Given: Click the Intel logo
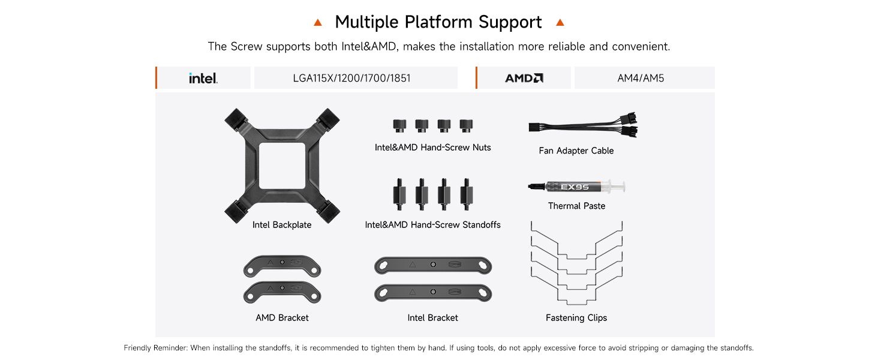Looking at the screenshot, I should coord(203,78).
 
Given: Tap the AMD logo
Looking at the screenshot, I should coord(524,78).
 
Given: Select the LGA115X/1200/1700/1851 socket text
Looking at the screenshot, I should coord(351,78).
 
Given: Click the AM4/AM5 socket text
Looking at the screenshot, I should coord(641,78).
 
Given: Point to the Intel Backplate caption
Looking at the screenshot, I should coord(282,225).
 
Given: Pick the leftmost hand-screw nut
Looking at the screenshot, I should coord(399,125).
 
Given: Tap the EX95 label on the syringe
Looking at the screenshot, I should coord(575,187).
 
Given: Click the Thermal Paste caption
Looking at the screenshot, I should coord(576,206).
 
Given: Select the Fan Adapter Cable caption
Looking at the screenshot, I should coord(576,151).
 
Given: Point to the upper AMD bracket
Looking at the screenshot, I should coord(282,266).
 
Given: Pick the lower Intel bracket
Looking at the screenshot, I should coord(433,292).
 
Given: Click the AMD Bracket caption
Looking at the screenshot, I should coord(282,317).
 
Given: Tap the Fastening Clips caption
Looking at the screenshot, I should coord(576,317).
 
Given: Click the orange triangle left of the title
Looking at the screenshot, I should coord(318,23).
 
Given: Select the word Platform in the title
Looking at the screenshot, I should coord(438,22).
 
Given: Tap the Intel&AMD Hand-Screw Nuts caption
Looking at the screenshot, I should coord(433,147).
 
